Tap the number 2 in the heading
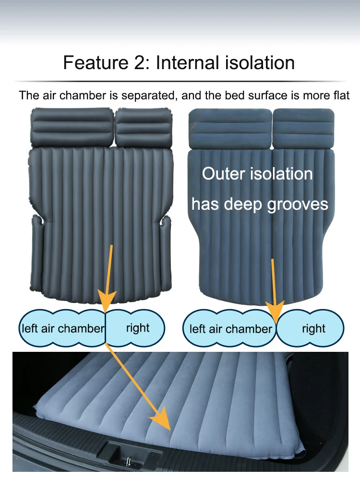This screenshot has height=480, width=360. click(x=139, y=63)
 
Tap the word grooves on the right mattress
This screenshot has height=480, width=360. click(x=298, y=204)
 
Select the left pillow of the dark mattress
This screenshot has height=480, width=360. click(x=72, y=127)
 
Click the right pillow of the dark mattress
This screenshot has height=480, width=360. click(x=144, y=127)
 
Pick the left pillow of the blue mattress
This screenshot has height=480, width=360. click(x=229, y=128)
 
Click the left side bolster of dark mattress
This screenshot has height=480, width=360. click(x=36, y=254)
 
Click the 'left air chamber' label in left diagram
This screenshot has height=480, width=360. click(x=63, y=329)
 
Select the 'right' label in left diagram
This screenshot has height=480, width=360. click(x=138, y=328)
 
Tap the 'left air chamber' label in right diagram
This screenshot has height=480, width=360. click(x=230, y=329)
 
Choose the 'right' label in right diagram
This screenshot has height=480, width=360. click(x=313, y=329)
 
